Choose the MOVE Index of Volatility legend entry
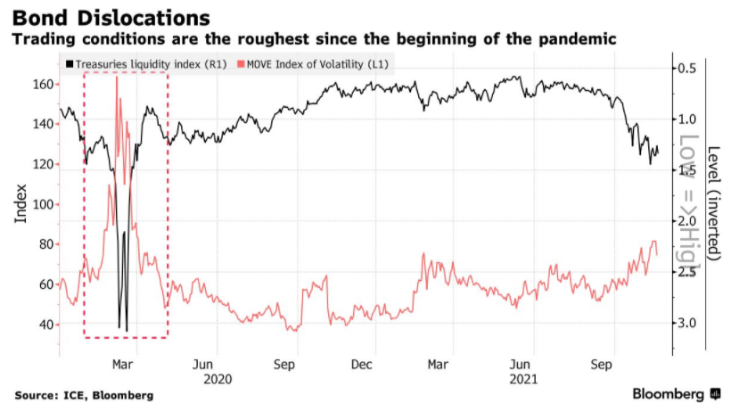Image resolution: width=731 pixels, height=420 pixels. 316,63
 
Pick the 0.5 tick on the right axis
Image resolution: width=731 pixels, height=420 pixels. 686,69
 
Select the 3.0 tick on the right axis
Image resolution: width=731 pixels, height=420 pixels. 686,323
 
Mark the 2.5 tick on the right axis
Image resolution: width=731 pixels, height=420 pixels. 686,272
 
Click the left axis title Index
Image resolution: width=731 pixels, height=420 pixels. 21,204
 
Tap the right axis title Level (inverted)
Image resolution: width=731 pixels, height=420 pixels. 712,203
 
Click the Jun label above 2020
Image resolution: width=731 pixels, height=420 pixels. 203,364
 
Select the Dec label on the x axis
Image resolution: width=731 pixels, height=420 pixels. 362,364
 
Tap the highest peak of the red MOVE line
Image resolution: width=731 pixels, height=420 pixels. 117,78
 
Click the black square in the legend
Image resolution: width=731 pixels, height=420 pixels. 70,64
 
